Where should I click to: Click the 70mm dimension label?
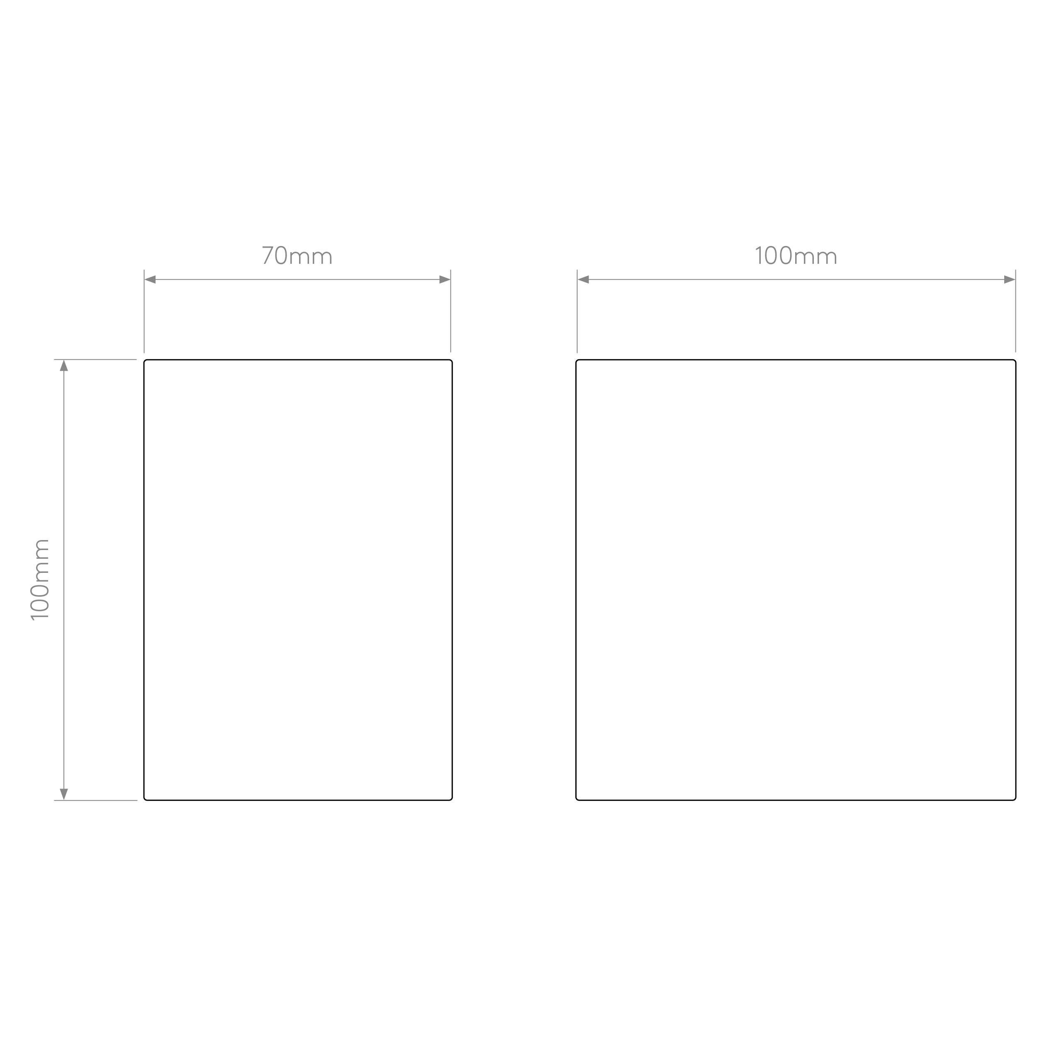(297, 256)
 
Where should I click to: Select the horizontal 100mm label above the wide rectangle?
(796, 256)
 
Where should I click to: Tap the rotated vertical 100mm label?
(40, 580)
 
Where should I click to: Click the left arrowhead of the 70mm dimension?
(150, 280)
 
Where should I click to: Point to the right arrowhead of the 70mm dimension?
(445, 280)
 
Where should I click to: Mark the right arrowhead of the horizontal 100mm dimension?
(1010, 280)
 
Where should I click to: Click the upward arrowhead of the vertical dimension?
(64, 365)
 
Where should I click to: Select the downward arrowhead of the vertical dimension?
(64, 794)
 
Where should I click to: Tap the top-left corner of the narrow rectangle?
(144, 360)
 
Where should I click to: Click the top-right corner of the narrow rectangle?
(452, 360)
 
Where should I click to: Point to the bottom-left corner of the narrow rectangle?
(144, 800)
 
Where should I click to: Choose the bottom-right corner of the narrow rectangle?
(452, 800)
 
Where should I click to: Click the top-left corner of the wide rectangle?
(577, 360)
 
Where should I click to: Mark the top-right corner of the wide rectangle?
(1015, 360)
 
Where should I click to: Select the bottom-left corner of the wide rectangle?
(577, 800)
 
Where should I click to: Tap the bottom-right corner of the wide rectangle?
(1015, 800)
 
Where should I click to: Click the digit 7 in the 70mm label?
(267, 256)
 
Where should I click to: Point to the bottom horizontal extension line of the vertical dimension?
(95, 800)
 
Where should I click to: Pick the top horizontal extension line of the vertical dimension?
(95, 359)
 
